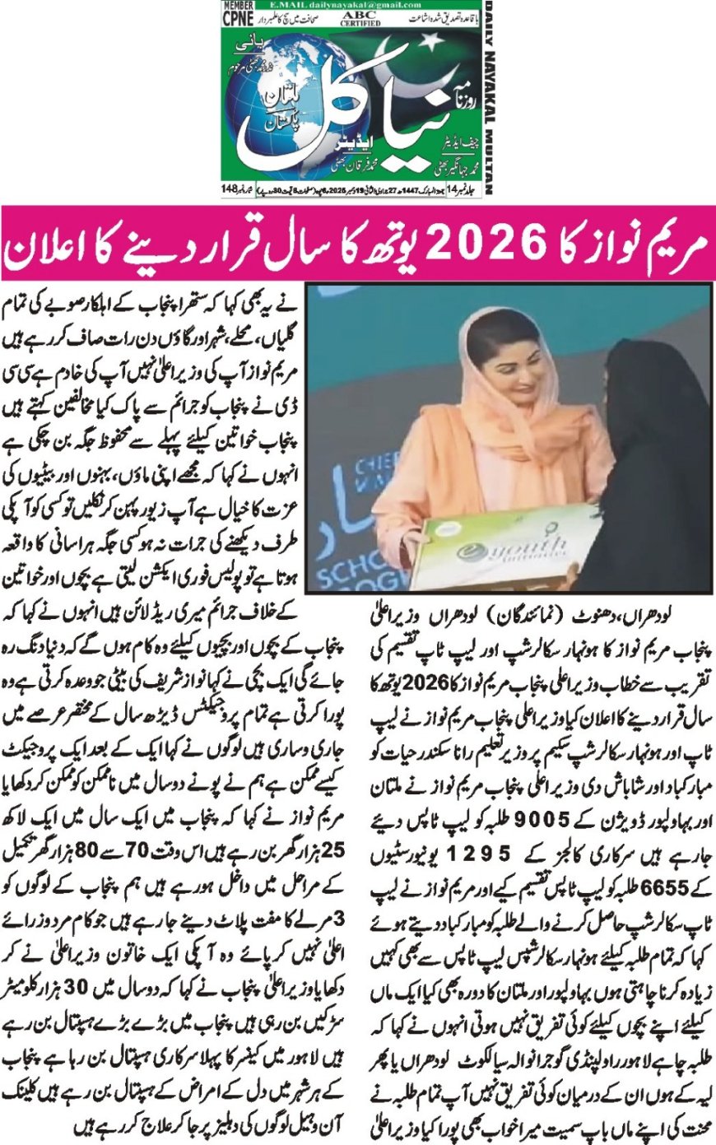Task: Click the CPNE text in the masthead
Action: [x=238, y=20]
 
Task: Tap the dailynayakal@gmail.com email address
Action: [x=330, y=6]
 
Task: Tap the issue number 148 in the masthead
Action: [x=230, y=190]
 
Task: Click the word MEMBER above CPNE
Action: [x=238, y=7]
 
